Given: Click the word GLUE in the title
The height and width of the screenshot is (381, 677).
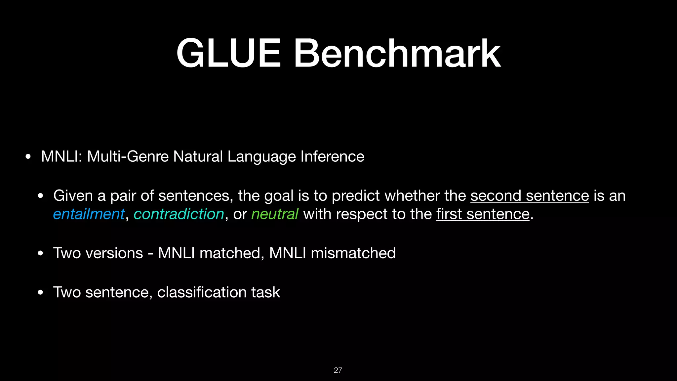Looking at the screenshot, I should coord(228,54).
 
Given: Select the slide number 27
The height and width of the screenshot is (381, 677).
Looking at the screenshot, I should coord(338,370).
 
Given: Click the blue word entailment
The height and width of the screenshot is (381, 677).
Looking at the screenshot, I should coord(89,214).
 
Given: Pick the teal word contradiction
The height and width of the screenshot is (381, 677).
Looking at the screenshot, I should coord(179,214).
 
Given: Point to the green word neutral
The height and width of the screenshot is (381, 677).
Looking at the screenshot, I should coord(275,214).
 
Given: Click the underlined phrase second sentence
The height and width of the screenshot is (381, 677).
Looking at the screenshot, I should coord(530,195).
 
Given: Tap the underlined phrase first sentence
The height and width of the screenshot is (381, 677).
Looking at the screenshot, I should coord(483,214).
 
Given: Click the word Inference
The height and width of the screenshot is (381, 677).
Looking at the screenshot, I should coord(332,156).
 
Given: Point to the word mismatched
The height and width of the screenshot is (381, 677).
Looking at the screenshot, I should coord(353,253).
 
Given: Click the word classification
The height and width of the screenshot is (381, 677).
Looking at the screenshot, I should coord(202,292).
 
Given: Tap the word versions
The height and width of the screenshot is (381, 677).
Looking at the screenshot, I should coord(114,253).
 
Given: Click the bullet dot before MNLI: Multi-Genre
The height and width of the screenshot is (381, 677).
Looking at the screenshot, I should coord(28,157).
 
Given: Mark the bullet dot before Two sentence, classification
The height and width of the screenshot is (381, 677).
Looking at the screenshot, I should coord(40,293).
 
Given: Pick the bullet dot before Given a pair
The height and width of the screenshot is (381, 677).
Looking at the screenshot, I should coord(40,196).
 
